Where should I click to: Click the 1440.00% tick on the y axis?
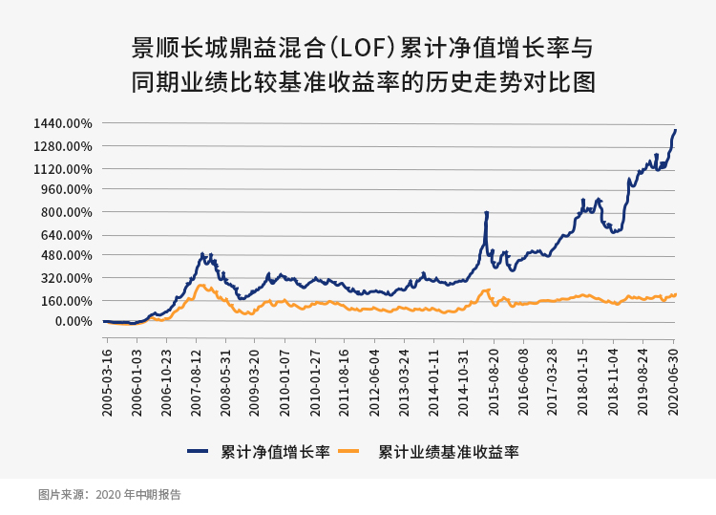(x=61, y=123)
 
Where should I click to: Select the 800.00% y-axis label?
(x=65, y=212)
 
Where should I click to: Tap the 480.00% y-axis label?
(x=65, y=255)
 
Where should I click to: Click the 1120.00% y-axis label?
(x=61, y=169)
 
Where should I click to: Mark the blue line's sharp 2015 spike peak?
(x=487, y=213)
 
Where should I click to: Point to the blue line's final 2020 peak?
(x=675, y=130)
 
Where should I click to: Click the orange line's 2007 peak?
(x=200, y=285)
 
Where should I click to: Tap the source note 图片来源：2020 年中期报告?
(x=109, y=495)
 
